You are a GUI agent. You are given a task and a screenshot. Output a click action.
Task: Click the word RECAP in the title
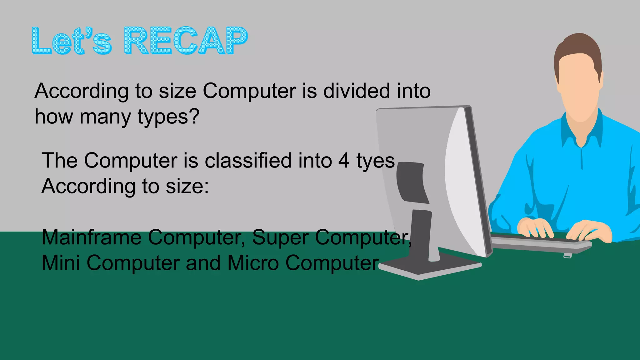point(186,41)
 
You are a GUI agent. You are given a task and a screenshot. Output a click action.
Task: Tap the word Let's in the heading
point(71,41)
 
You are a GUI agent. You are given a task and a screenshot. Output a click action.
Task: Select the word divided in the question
point(356,91)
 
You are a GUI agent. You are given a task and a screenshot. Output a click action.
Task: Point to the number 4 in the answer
point(344,161)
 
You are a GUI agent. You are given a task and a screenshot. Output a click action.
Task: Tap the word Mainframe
point(92,237)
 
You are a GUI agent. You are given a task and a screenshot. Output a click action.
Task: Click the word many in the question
point(106,117)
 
